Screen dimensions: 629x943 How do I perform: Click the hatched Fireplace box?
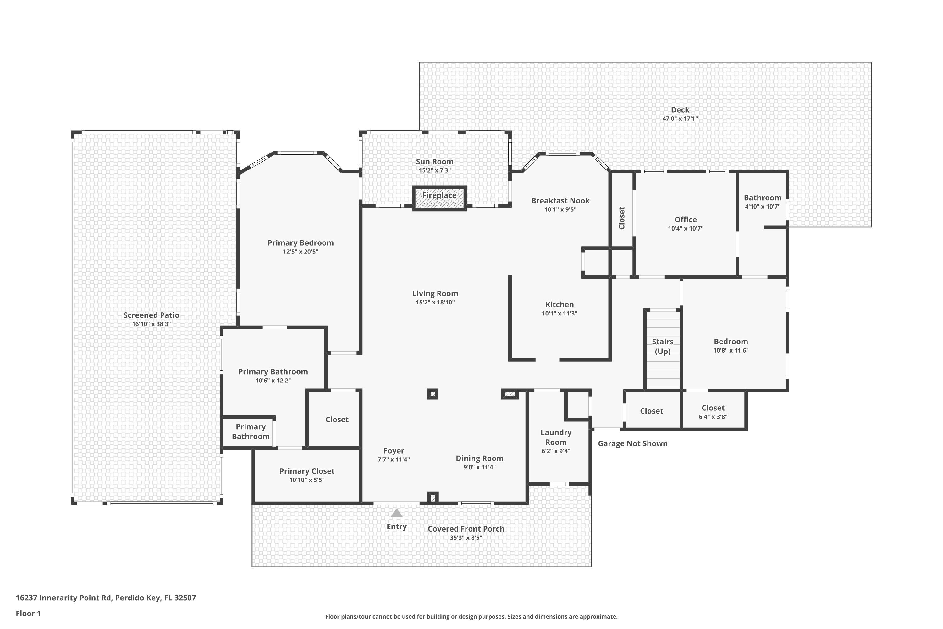tap(439, 198)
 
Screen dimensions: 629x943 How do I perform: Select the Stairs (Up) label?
tap(662, 347)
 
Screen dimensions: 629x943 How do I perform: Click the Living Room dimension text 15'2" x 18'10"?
tap(435, 303)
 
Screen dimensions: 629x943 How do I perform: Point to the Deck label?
tap(680, 109)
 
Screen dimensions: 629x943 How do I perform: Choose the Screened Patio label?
tap(151, 315)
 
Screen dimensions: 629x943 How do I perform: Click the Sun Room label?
tap(435, 161)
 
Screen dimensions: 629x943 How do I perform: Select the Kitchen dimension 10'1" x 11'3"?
tap(559, 313)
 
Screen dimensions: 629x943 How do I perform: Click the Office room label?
tap(685, 220)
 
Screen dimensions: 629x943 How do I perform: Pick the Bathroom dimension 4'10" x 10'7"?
tap(762, 207)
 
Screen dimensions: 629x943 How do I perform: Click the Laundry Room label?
tap(556, 437)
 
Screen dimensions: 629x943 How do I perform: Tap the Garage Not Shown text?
tap(632, 443)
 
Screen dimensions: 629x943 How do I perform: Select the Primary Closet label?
tap(307, 471)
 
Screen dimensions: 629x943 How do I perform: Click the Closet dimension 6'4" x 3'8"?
tap(713, 417)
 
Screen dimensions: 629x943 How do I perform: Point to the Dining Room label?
tap(480, 458)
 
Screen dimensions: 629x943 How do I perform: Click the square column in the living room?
tap(433, 394)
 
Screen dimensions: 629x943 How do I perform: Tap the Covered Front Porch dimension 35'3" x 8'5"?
tap(466, 537)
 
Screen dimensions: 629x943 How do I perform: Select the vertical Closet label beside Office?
tap(622, 218)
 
